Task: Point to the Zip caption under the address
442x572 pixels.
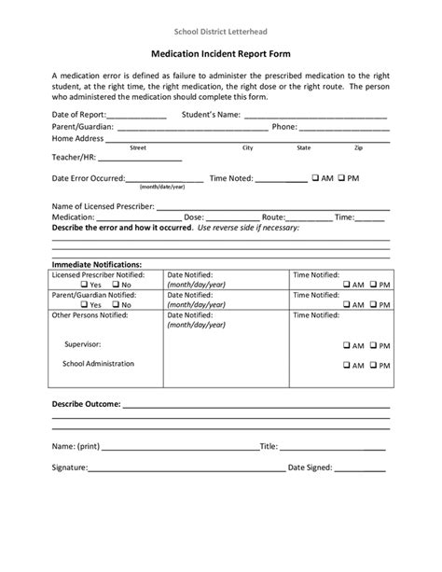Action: pos(359,147)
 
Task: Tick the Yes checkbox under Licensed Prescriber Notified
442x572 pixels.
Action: pos(84,284)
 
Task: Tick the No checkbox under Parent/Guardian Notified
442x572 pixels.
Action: pos(114,304)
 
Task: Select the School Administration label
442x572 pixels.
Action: pos(98,364)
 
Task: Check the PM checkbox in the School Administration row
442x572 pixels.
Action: pos(374,366)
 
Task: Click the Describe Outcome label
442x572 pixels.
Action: pos(85,406)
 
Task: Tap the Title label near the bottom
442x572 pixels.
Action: pos(269,446)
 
